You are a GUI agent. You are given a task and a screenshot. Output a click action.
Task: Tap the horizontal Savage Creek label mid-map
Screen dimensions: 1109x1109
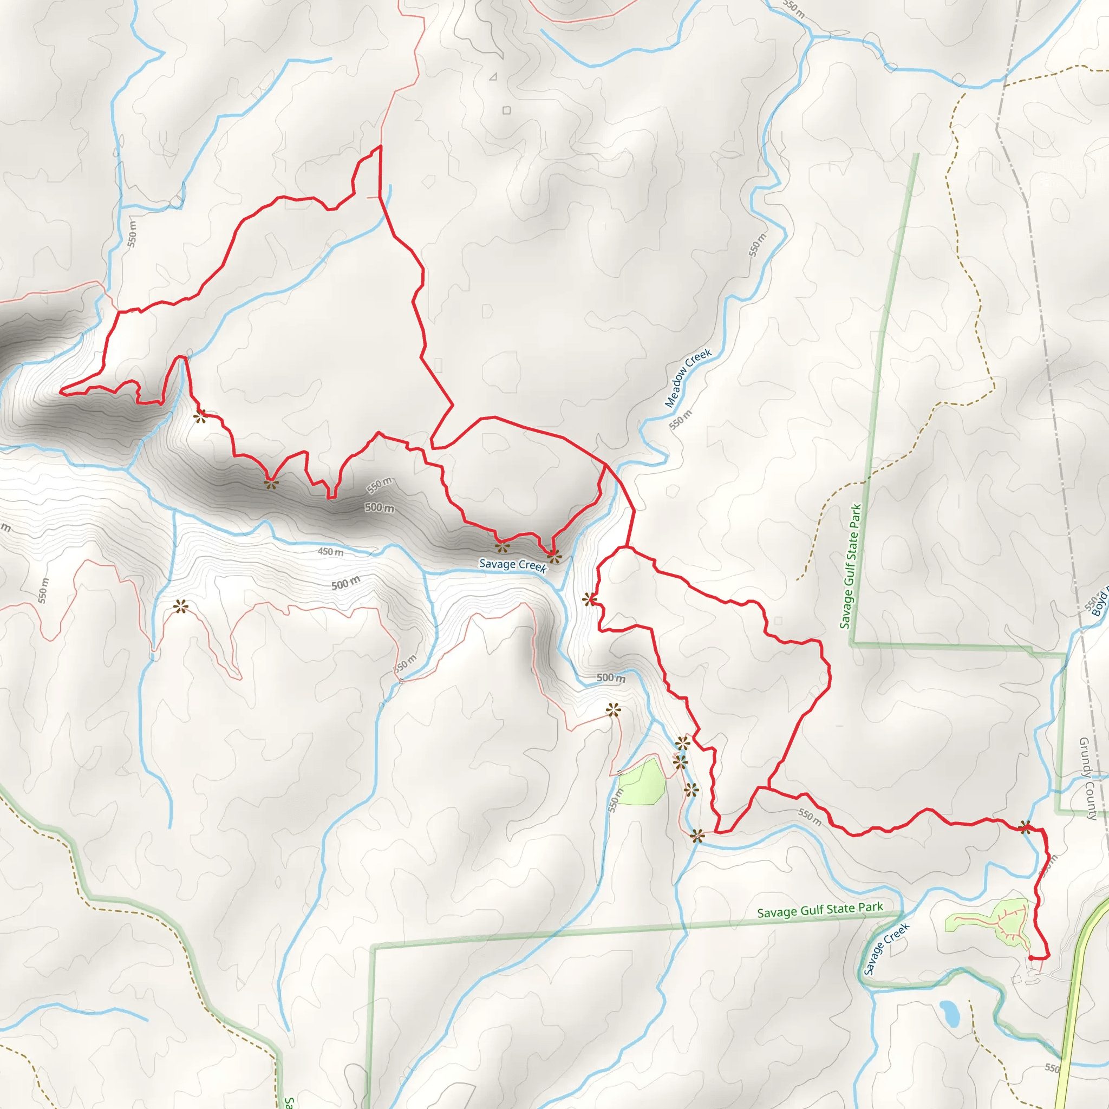pyautogui.click(x=513, y=565)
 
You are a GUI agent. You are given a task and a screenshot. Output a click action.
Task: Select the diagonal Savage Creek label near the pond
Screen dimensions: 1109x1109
pyautogui.click(x=886, y=948)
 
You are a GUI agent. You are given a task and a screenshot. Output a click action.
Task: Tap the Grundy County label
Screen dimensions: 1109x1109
pyautogui.click(x=1088, y=778)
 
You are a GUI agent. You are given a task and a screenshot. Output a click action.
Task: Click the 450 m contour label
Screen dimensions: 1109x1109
pyautogui.click(x=331, y=552)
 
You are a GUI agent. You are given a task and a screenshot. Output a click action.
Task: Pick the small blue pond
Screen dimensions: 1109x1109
pyautogui.click(x=949, y=1014)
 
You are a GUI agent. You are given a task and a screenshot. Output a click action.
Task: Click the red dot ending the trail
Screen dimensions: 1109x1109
pyautogui.click(x=1031, y=958)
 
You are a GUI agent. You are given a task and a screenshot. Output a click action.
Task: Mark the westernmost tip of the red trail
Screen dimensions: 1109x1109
pyautogui.click(x=61, y=392)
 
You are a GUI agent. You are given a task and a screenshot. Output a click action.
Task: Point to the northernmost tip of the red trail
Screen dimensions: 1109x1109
pyautogui.click(x=380, y=147)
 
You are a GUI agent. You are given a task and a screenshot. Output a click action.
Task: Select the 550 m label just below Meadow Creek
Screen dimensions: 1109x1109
pyautogui.click(x=681, y=420)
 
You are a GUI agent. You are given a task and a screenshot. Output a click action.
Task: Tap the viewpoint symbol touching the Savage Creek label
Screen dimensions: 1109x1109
pyautogui.click(x=553, y=556)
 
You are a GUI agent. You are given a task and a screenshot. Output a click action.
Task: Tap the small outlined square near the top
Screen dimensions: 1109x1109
pyautogui.click(x=506, y=110)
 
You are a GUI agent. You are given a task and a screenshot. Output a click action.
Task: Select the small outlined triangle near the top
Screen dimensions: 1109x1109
pyautogui.click(x=493, y=76)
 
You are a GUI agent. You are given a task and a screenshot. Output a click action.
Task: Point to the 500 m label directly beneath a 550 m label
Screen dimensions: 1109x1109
pyautogui.click(x=380, y=508)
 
